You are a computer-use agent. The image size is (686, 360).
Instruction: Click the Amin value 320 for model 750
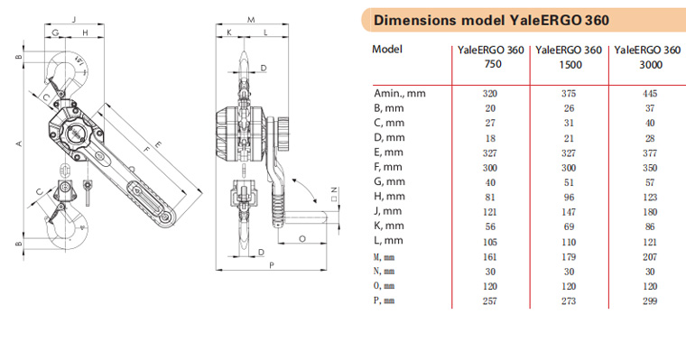(490, 94)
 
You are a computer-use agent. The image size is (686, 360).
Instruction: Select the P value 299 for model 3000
(650, 301)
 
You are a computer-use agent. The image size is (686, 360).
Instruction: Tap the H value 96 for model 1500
(569, 198)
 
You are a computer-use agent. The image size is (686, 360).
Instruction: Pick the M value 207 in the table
(650, 257)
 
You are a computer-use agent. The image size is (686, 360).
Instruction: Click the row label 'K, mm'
(388, 226)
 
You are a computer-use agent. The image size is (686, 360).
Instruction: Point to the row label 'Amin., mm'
(400, 93)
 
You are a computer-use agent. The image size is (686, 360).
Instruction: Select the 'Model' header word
(387, 49)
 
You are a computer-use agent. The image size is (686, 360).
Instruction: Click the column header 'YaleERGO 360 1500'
(569, 58)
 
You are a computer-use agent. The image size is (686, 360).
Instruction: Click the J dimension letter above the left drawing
(74, 19)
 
